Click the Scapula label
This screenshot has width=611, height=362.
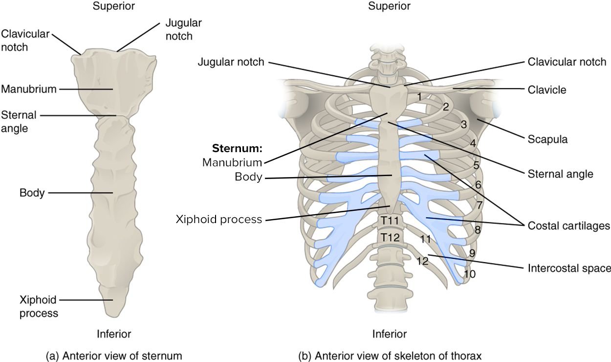tap(547, 139)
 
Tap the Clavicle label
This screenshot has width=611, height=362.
tap(547, 90)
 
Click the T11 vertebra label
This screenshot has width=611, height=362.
tap(391, 221)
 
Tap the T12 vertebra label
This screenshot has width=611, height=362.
tap(391, 238)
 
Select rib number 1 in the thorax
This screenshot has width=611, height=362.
tap(419, 97)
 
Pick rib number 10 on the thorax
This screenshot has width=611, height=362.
tap(469, 274)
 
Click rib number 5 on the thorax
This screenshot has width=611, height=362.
tap(476, 165)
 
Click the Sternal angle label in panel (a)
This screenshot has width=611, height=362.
tap(19, 122)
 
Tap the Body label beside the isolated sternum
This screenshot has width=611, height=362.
tap(32, 193)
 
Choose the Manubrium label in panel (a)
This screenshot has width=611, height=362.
tap(29, 89)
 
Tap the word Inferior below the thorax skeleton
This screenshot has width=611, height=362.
tap(390, 335)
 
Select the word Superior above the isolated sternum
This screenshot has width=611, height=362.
tap(113, 6)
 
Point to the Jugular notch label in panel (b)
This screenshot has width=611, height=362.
tap(231, 62)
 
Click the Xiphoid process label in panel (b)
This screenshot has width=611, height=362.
tap(219, 220)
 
